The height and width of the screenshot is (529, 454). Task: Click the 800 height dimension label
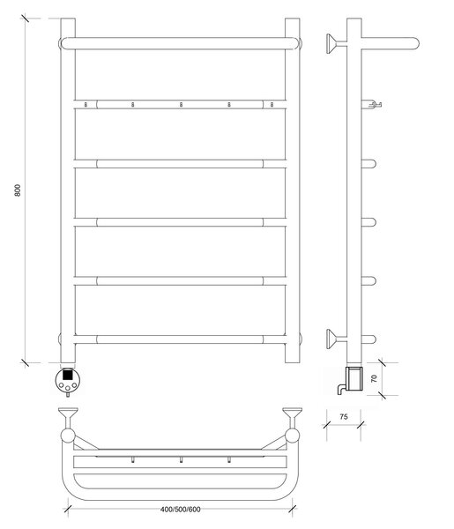18,190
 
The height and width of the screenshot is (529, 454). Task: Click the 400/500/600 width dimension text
180,509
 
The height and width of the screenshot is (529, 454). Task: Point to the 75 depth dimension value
344,417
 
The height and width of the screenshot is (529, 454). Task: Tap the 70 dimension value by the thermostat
374,378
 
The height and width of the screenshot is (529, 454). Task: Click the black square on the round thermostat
68,375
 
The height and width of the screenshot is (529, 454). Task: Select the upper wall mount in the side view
336,43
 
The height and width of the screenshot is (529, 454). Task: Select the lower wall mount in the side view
336,339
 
